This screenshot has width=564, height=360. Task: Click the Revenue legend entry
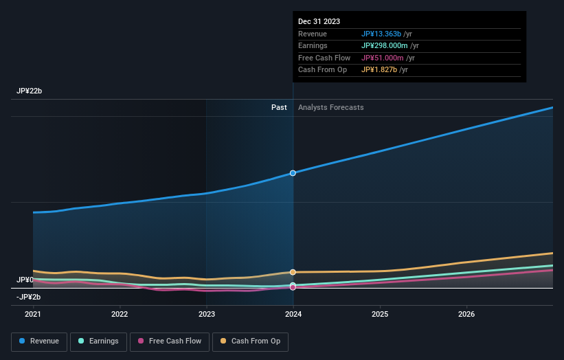tap(39, 341)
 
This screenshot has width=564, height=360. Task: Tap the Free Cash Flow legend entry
tap(168, 341)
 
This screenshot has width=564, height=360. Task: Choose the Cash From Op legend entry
tap(251, 341)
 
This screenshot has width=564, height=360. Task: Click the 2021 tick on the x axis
tap(33, 314)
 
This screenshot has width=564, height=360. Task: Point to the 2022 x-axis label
tap(120, 314)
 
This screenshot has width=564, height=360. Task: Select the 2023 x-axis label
tap(206, 314)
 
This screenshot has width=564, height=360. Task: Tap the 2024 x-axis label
tap(293, 314)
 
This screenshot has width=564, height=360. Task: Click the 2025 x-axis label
tap(380, 314)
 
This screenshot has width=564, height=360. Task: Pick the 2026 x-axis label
tap(466, 314)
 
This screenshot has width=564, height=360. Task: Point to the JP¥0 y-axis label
tap(25, 280)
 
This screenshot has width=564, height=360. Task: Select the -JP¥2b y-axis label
tap(28, 297)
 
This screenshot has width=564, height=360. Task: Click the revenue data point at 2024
tap(293, 173)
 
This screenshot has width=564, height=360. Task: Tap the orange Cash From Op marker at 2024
tap(293, 272)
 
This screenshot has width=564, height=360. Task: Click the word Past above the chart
tap(279, 107)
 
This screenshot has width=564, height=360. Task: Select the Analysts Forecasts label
tap(330, 107)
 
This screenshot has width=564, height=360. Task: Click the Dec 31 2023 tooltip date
tap(319, 22)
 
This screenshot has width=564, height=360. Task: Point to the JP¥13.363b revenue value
tap(382, 34)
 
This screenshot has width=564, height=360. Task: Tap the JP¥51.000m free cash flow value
tap(383, 58)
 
